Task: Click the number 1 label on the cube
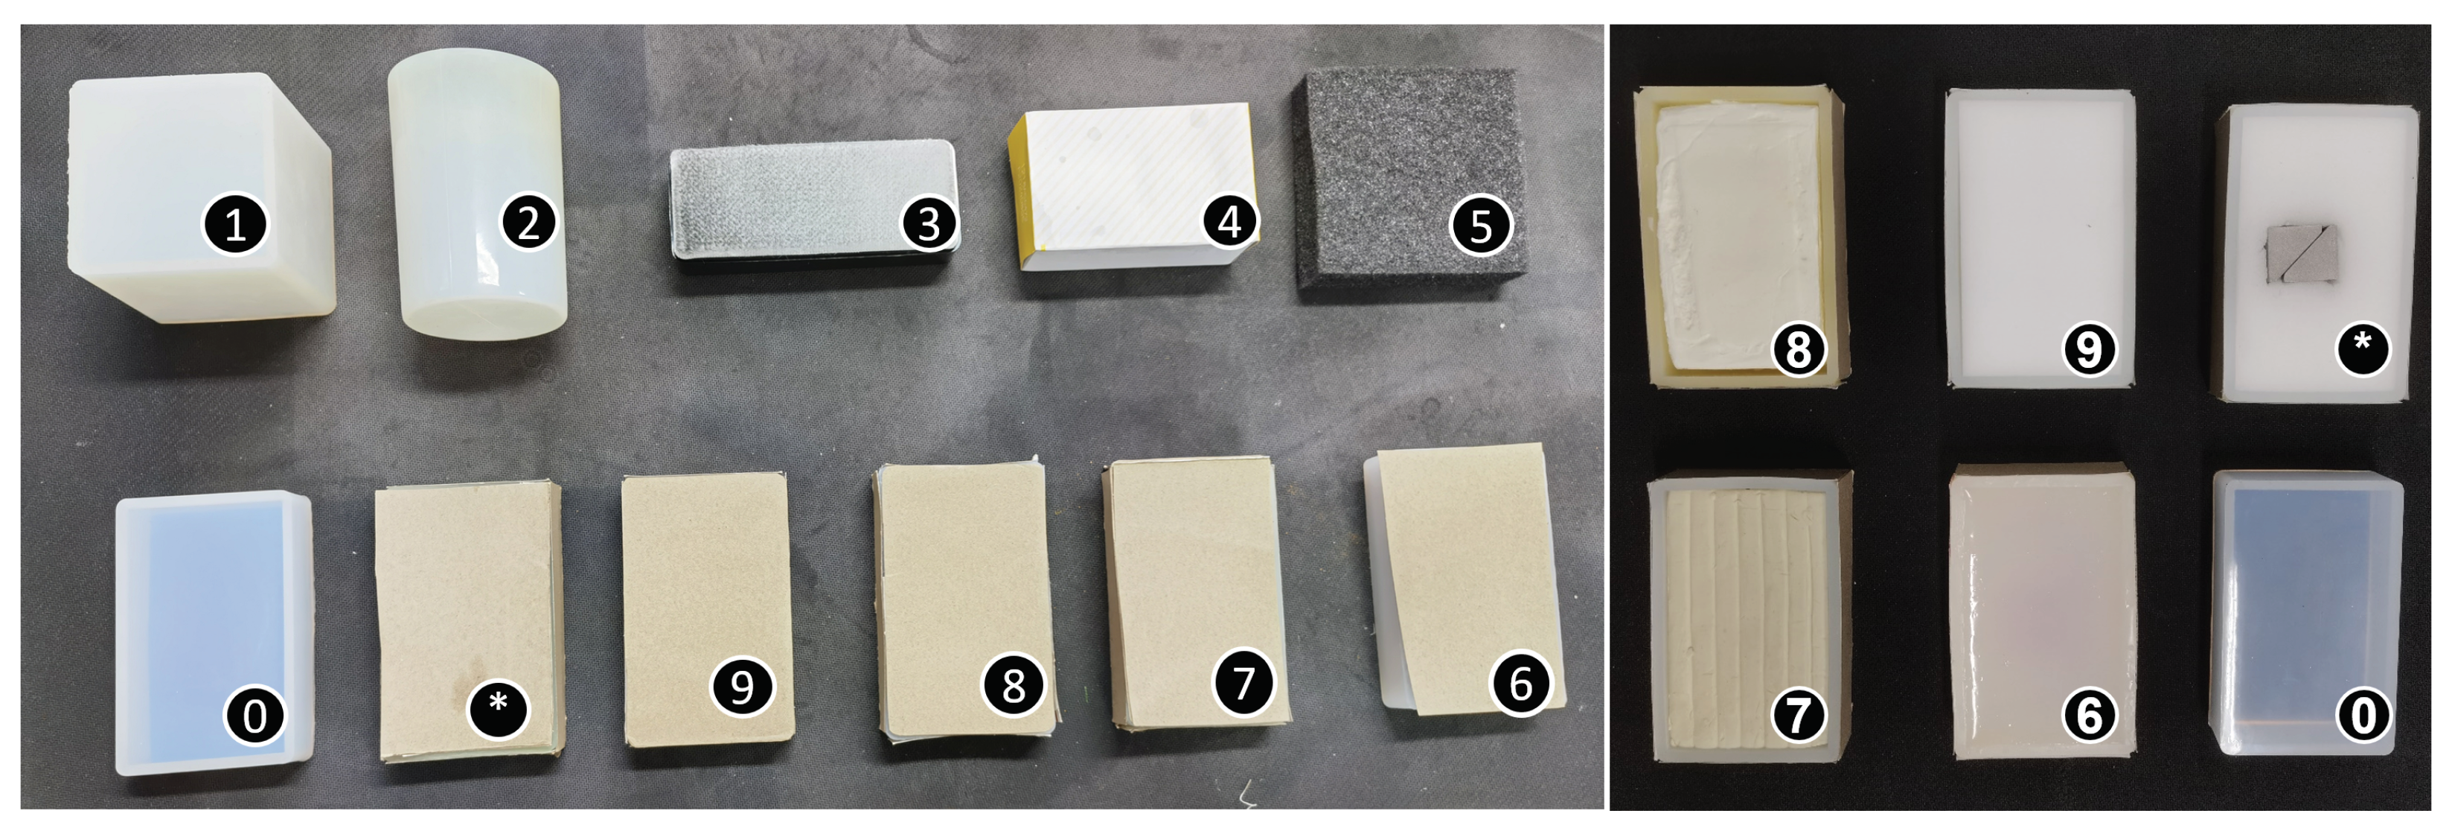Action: [x=235, y=225]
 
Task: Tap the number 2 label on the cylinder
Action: [x=528, y=222]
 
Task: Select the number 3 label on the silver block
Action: [x=929, y=224]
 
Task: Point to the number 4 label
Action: [x=1230, y=221]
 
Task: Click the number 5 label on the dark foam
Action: [x=1480, y=226]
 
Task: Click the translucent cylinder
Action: [x=478, y=195]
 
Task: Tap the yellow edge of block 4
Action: [x=1017, y=195]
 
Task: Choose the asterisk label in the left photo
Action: [x=498, y=707]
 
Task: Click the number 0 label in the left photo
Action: [x=255, y=714]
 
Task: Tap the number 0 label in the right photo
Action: [x=2363, y=714]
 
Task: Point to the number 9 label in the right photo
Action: [x=2088, y=349]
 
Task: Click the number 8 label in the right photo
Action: [x=1798, y=349]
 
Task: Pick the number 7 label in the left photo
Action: [x=1243, y=682]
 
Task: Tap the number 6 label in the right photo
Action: [x=2088, y=714]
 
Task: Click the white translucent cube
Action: [x=200, y=198]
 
